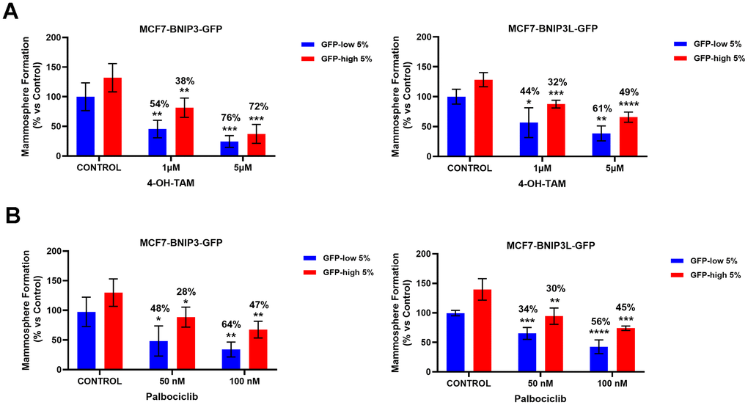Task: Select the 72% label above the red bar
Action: [258, 107]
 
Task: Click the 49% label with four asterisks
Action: [628, 92]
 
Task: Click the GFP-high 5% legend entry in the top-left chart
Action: [342, 58]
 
